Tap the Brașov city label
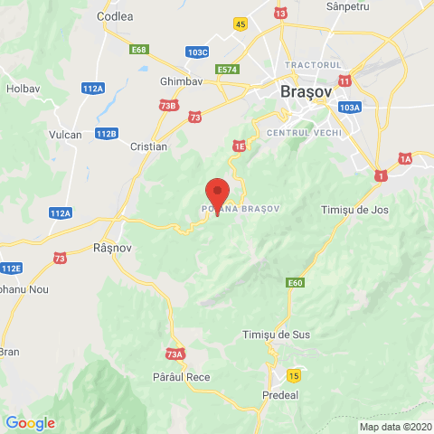point(307,92)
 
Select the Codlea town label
point(114,16)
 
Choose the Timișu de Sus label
point(277,335)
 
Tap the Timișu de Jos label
point(354,210)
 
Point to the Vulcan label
point(65,135)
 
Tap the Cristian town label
point(148,146)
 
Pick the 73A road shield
point(175,354)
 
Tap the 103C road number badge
point(198,52)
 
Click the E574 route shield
point(227,69)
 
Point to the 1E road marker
point(239,145)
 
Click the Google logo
point(30,422)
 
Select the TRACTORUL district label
point(313,65)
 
